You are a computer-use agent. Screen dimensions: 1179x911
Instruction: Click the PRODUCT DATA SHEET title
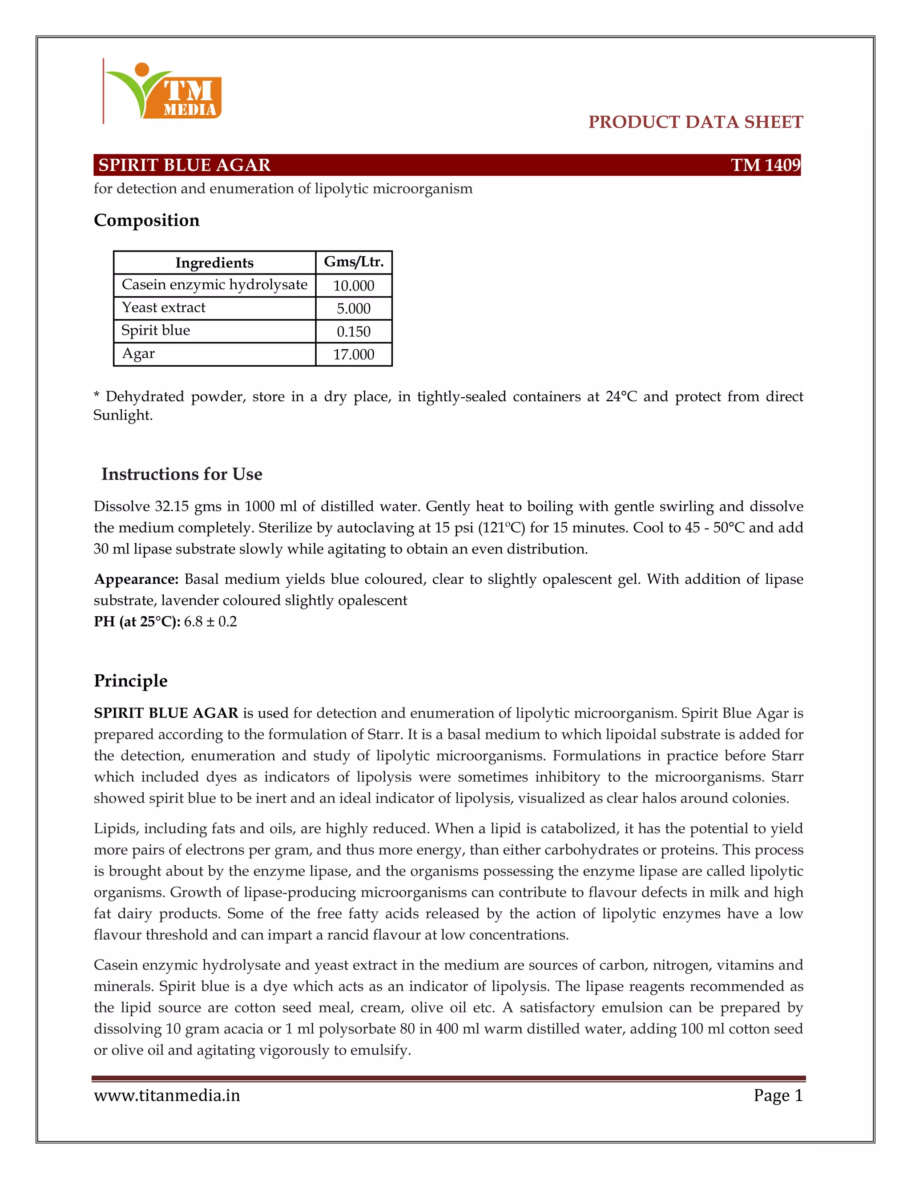pyautogui.click(x=695, y=122)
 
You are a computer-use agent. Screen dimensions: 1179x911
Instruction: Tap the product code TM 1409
pyautogui.click(x=765, y=165)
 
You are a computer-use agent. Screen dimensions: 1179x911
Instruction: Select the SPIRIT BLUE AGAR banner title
pyautogui.click(x=184, y=165)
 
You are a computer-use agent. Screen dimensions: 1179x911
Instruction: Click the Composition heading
pyautogui.click(x=146, y=220)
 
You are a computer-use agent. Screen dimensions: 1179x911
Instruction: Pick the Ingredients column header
pyautogui.click(x=214, y=263)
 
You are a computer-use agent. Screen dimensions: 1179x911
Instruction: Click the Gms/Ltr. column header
pyautogui.click(x=354, y=262)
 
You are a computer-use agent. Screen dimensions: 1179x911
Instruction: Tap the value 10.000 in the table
pyautogui.click(x=354, y=286)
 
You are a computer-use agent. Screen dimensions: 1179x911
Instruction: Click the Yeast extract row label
pyautogui.click(x=164, y=308)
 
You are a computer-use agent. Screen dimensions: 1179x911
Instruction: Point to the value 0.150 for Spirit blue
pyautogui.click(x=354, y=331)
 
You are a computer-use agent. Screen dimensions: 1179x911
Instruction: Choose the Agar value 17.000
pyautogui.click(x=354, y=355)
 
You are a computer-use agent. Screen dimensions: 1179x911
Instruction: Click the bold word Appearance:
pyautogui.click(x=136, y=579)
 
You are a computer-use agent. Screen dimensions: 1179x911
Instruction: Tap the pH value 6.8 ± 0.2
pyautogui.click(x=210, y=622)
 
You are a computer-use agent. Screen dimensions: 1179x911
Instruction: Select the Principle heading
pyautogui.click(x=131, y=681)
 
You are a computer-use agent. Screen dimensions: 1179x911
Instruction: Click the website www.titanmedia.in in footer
pyautogui.click(x=167, y=1095)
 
